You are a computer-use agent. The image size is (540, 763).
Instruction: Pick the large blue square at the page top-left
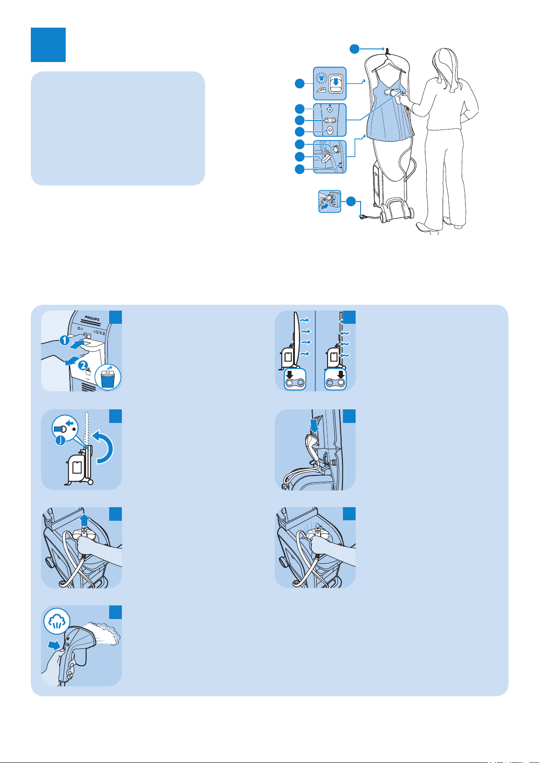[48, 45]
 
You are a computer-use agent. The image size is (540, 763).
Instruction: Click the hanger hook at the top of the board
[387, 50]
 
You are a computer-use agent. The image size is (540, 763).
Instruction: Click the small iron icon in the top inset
[321, 90]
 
